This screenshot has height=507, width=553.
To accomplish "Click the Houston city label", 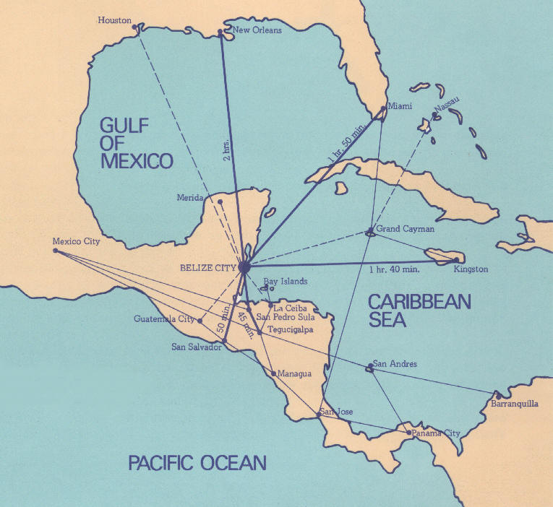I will (114, 20).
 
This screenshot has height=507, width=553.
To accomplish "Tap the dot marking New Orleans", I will (220, 32).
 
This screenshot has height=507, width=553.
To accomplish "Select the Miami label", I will (400, 106).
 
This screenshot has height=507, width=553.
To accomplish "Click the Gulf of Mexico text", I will (137, 143).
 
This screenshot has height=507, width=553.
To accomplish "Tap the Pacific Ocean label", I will (197, 462).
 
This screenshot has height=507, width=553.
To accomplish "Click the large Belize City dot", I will (244, 267).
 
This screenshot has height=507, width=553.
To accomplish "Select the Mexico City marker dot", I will (56, 251).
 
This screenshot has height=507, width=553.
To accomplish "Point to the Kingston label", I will (472, 269).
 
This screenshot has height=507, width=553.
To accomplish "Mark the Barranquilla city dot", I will (497, 395).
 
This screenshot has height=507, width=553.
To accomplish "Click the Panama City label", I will (436, 433).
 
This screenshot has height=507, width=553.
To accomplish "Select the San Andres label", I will (395, 365).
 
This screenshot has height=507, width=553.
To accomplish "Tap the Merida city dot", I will (220, 200).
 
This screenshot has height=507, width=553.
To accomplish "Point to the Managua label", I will (294, 373).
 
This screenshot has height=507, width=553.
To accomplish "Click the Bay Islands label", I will (286, 281).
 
